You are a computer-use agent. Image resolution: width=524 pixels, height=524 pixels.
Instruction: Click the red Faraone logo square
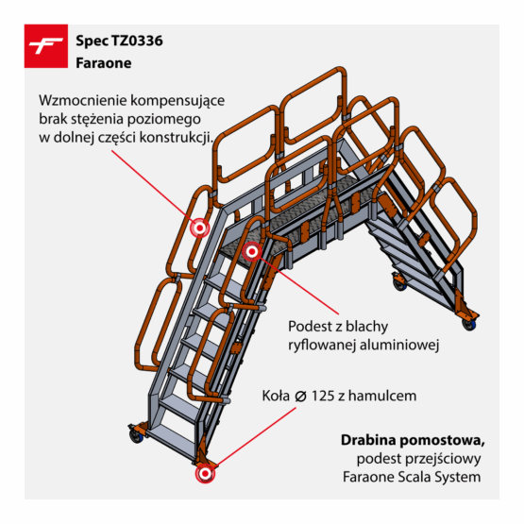point(46,46)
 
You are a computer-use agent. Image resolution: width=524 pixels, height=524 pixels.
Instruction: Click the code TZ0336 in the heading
point(137,41)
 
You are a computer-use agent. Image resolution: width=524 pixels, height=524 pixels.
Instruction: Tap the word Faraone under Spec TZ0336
point(104,63)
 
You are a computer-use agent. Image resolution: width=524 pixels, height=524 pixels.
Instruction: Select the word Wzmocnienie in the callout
point(82,100)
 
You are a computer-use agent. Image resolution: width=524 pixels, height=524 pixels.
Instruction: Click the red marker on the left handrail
point(200,228)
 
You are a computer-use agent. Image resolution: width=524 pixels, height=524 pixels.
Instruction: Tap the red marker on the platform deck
point(252,252)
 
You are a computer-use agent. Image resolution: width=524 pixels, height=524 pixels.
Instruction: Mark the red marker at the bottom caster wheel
point(205,474)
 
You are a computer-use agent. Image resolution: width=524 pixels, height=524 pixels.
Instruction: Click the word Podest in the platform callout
point(309,326)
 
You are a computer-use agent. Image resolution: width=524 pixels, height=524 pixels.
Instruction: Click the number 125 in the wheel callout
point(323,396)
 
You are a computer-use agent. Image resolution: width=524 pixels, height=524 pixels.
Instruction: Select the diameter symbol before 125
point(301,397)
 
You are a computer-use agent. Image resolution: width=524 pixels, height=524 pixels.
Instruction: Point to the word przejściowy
point(443,459)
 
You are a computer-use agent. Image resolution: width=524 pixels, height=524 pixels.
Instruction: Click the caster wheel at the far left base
point(136,436)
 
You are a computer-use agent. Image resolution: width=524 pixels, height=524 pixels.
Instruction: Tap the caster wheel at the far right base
point(469,324)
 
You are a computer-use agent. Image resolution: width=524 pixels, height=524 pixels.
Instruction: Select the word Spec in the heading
point(92,42)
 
